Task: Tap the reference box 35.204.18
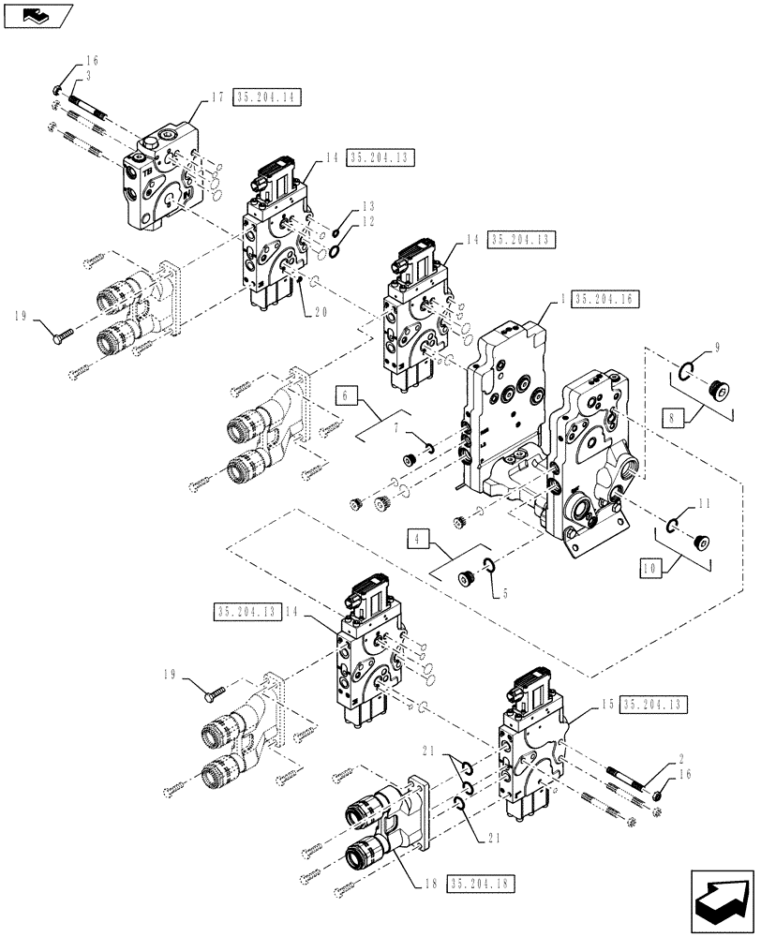pos(483,883)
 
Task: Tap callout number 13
pos(367,205)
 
